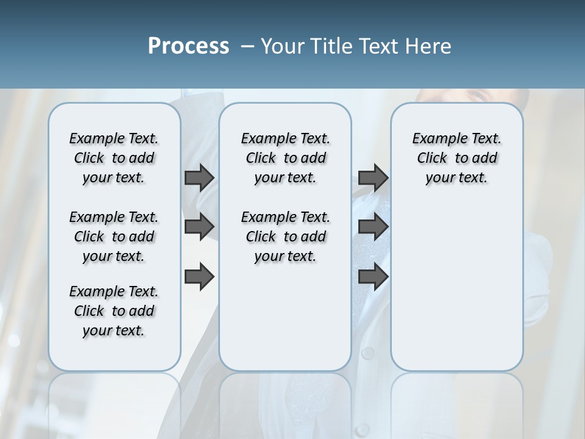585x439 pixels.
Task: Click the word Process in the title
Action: pos(188,46)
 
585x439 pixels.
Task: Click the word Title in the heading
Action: pos(333,46)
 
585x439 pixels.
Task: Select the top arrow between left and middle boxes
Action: pos(199,177)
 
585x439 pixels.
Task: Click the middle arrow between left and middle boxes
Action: pos(199,227)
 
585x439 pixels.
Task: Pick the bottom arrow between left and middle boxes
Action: pos(199,277)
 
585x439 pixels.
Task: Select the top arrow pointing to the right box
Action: pos(373,177)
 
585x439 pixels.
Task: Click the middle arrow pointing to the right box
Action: pos(373,227)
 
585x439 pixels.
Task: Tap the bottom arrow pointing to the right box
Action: pos(373,277)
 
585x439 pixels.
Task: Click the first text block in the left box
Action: pos(114,158)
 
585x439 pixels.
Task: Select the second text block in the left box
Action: pos(114,237)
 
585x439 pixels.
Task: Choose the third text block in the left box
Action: pos(114,311)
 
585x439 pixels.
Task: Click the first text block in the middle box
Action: pos(285,158)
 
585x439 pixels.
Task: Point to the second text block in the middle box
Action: pos(285,237)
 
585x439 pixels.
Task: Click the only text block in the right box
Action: pos(456,158)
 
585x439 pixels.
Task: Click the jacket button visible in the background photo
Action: pos(367,352)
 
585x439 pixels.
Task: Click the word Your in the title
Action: pos(283,46)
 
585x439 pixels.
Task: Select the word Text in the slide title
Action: pos(377,46)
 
